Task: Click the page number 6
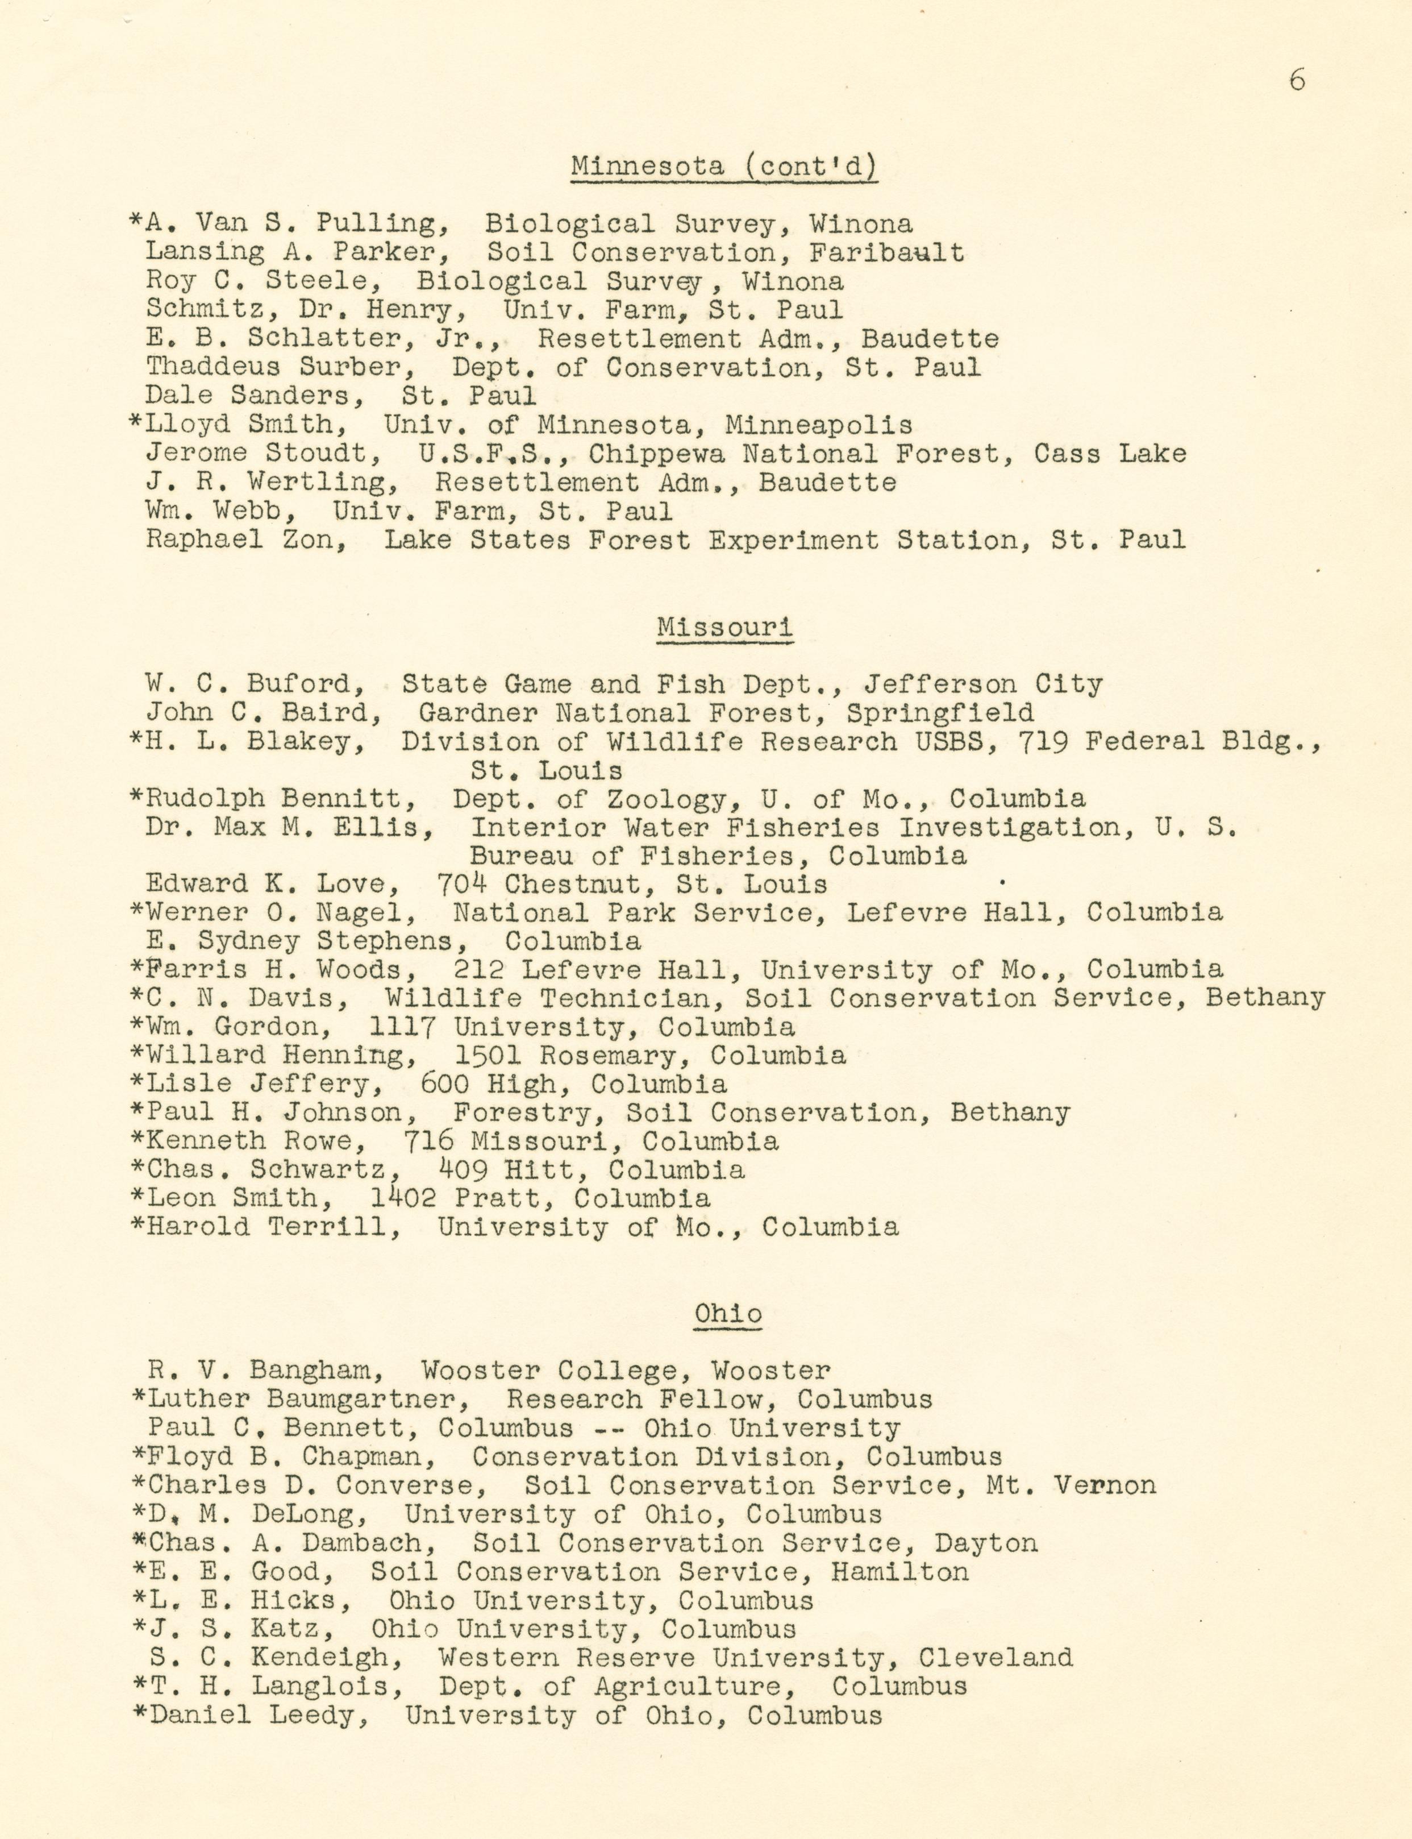pos(1297,81)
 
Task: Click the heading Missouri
pos(724,627)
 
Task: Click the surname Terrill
pos(333,1227)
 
